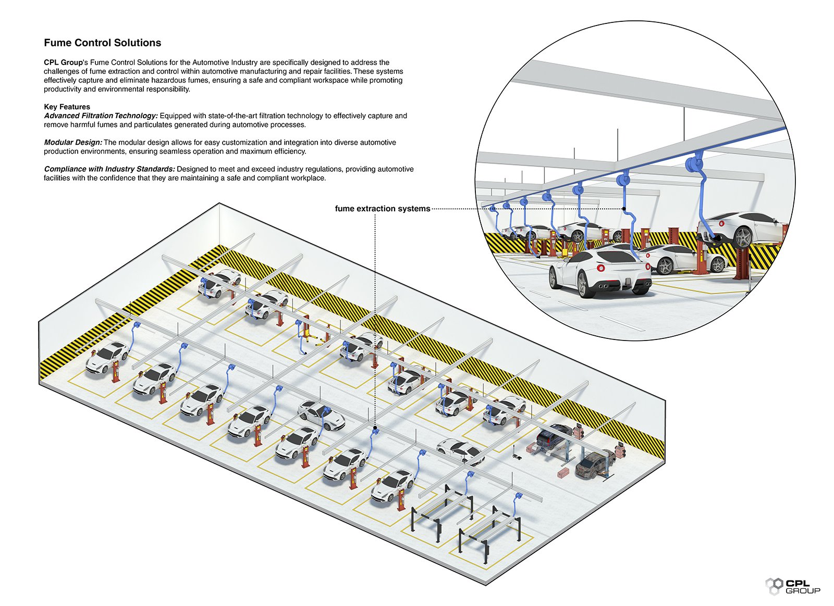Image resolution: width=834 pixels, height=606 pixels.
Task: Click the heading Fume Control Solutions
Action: point(102,43)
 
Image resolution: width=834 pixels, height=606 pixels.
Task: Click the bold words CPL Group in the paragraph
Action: point(63,62)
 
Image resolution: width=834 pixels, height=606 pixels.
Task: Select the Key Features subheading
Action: point(67,107)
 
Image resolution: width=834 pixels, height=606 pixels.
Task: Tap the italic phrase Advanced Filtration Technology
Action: point(101,116)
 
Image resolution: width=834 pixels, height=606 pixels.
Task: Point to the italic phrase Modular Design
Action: point(73,142)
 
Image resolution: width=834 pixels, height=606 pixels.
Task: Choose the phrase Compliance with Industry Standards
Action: point(109,169)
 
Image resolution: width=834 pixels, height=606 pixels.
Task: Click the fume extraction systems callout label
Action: point(382,209)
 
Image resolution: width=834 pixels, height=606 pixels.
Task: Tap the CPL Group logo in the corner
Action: point(792,586)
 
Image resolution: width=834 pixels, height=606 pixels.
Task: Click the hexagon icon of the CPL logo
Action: point(774,586)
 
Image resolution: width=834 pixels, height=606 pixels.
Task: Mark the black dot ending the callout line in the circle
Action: point(624,209)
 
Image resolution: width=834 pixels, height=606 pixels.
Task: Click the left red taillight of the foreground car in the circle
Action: point(600,269)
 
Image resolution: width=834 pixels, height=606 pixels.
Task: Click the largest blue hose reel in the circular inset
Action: point(695,163)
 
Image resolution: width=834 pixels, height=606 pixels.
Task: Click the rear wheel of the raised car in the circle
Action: point(743,237)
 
